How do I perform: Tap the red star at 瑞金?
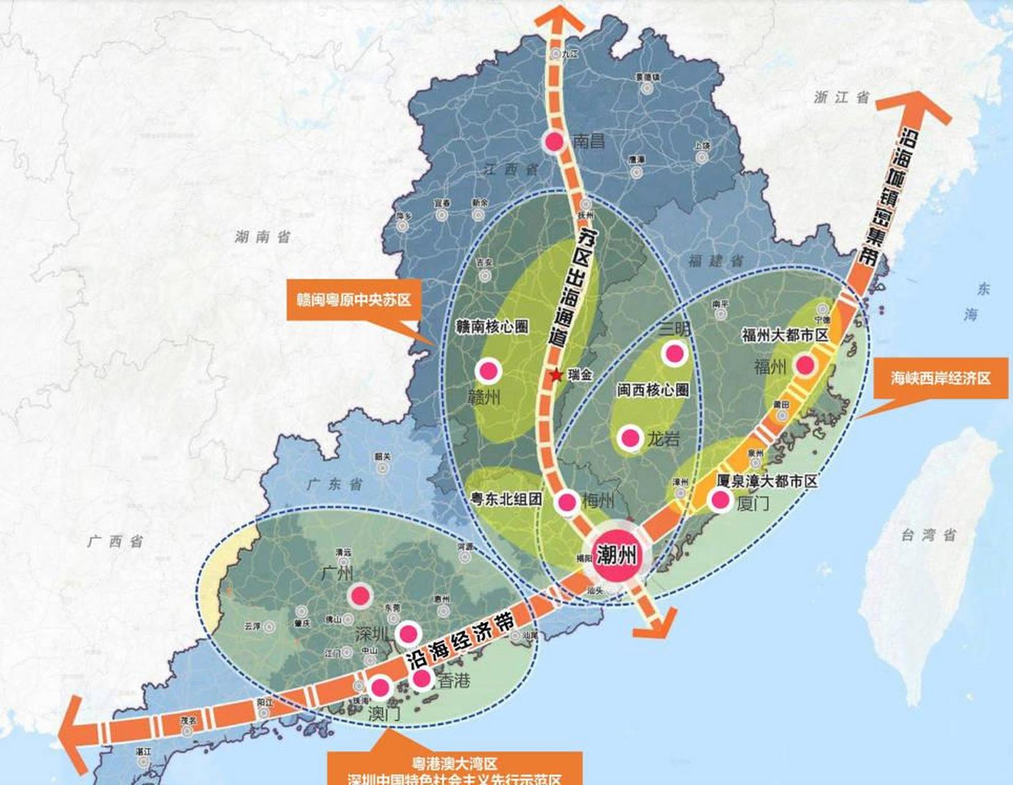point(556,375)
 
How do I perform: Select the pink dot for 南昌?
point(555,142)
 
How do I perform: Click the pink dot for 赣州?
point(488,370)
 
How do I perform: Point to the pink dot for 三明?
point(674,353)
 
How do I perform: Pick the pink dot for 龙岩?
point(631,438)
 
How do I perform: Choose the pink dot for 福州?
point(805,366)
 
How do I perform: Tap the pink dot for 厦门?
point(720,500)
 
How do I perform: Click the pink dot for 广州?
point(360,595)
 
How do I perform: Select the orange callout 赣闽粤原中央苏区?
point(353,300)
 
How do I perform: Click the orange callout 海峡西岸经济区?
point(941,378)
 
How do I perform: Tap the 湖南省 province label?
point(262,237)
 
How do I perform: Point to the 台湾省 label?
point(928,535)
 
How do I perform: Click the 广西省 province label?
point(115,541)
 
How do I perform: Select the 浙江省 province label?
point(841,97)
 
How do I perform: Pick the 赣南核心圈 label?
point(492,326)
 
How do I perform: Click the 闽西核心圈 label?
point(653,390)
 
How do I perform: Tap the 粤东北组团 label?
point(506,499)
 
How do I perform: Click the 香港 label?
point(454,680)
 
